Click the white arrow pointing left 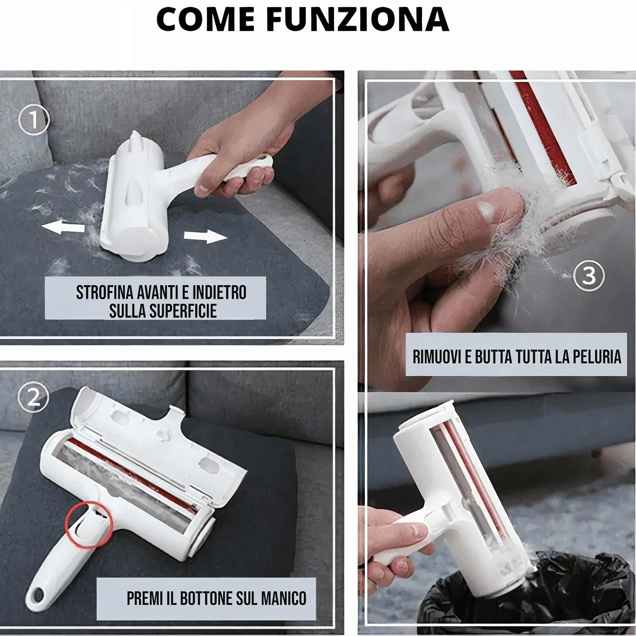point(63,227)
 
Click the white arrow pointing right point(205,237)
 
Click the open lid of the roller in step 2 point(158,438)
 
